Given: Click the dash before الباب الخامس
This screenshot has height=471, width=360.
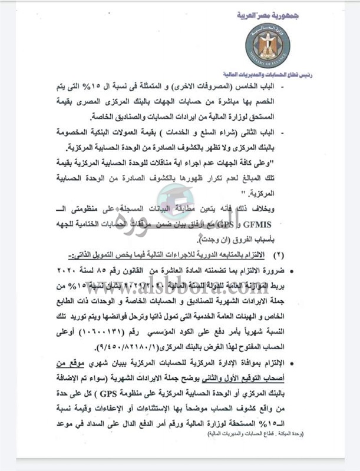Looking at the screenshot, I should [329, 87].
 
